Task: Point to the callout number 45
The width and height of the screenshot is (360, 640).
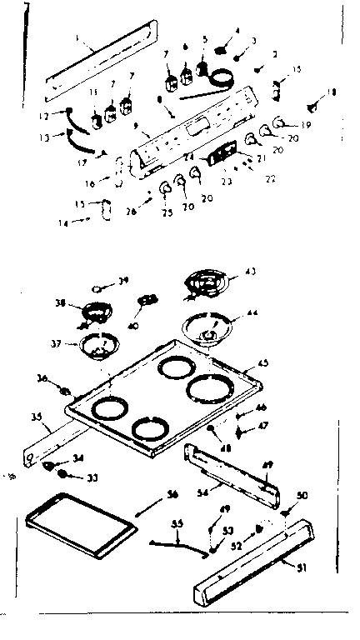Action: [263, 362]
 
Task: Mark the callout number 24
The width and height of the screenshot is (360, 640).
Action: [188, 157]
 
